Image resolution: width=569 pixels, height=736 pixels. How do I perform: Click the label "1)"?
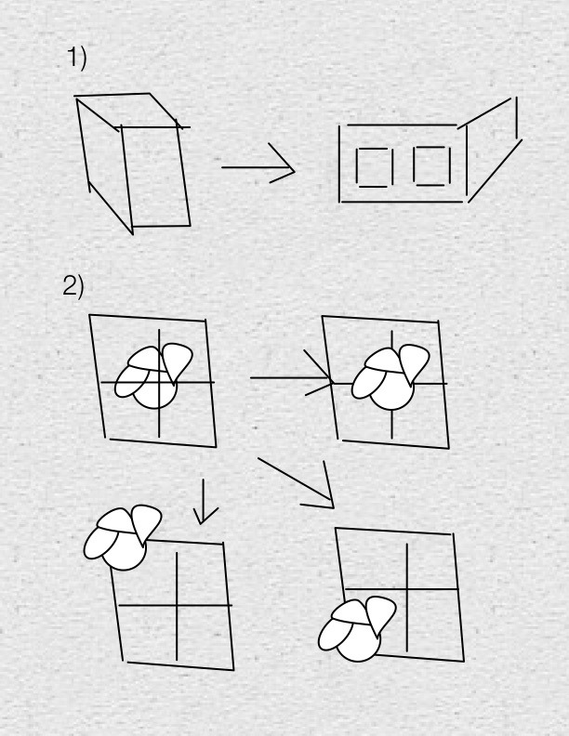[x=77, y=58]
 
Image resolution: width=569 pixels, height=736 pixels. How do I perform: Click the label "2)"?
[x=73, y=286]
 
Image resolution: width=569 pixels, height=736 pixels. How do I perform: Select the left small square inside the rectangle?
[x=375, y=167]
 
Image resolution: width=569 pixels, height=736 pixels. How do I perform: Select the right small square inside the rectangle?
[x=432, y=166]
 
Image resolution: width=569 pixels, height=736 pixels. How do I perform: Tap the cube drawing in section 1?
[x=133, y=163]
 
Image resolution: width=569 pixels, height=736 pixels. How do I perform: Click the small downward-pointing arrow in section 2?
[x=203, y=501]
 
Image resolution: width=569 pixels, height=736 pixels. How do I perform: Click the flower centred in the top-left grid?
[x=153, y=376]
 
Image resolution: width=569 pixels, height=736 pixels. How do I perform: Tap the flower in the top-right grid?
[x=390, y=378]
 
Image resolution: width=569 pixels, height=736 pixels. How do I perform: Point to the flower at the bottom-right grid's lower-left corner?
[x=357, y=629]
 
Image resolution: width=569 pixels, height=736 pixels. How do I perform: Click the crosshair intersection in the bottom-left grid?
[x=177, y=606]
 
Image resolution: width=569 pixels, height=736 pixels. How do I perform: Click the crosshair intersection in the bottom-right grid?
[x=407, y=588]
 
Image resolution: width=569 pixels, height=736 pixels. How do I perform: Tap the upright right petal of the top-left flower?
[x=177, y=362]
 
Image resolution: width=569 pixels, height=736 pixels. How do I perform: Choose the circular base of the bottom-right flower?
[x=359, y=641]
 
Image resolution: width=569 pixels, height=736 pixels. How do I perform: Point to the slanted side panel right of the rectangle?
[x=493, y=151]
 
